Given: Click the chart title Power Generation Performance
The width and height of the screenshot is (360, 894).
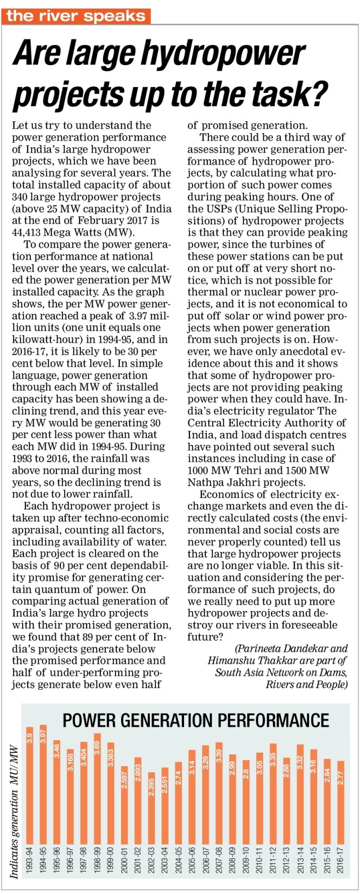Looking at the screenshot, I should [x=196, y=720].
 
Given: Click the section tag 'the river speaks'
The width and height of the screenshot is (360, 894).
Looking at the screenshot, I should [x=77, y=16].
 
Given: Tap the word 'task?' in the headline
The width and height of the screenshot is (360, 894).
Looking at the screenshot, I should [x=294, y=93].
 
